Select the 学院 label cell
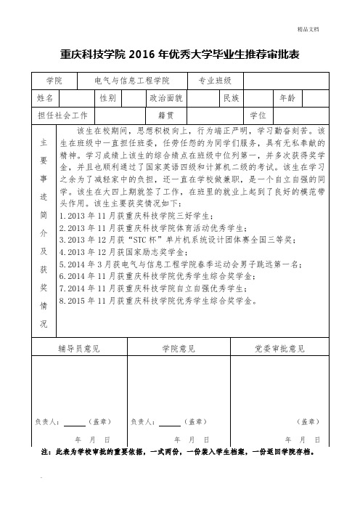pyautogui.click(x=54, y=80)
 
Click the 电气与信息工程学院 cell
pyautogui.click(x=127, y=80)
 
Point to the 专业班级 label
pyautogui.click(x=210, y=80)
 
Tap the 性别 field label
pyautogui.click(x=107, y=97)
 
